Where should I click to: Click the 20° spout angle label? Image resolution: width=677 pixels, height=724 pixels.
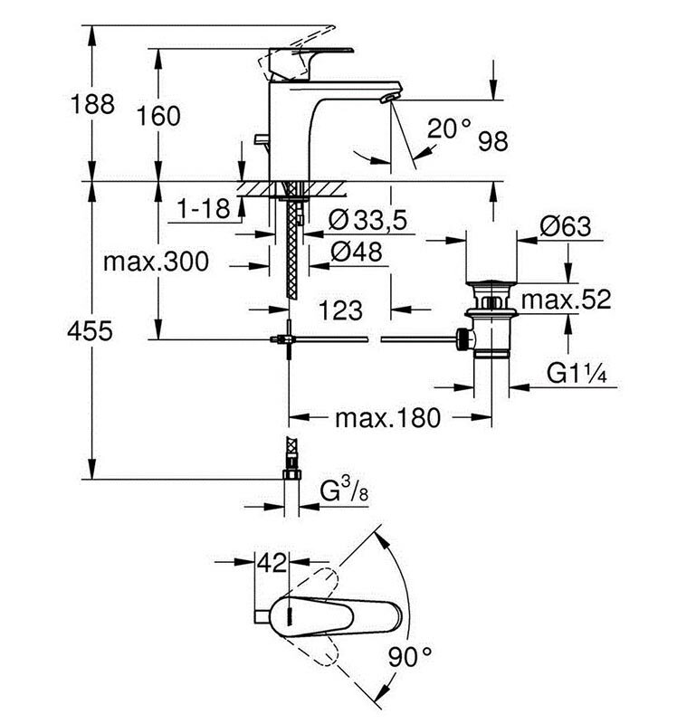(450, 129)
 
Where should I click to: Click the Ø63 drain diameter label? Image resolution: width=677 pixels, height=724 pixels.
(565, 227)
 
